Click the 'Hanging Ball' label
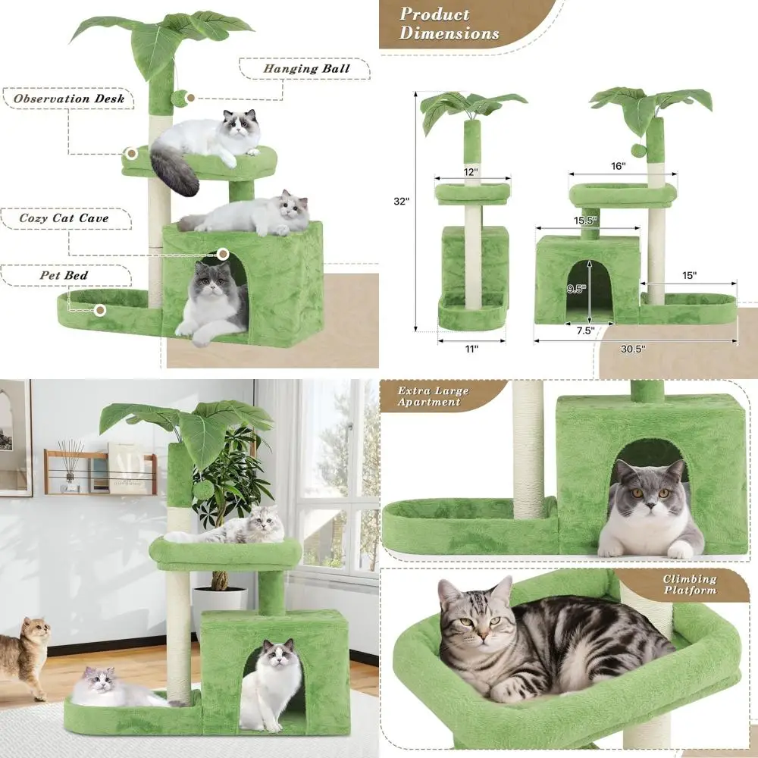coord(306,68)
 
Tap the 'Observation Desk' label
coord(68,99)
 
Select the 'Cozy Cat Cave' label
coord(64,218)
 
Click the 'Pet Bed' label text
coord(64,275)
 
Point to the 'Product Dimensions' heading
coord(449,23)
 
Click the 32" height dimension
coord(401,202)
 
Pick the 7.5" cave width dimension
coord(583,330)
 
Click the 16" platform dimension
coord(618,166)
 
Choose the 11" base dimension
coord(471,349)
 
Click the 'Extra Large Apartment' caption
coord(434,396)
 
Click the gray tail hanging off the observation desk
coord(173,171)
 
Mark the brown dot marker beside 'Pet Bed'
coord(100,309)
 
